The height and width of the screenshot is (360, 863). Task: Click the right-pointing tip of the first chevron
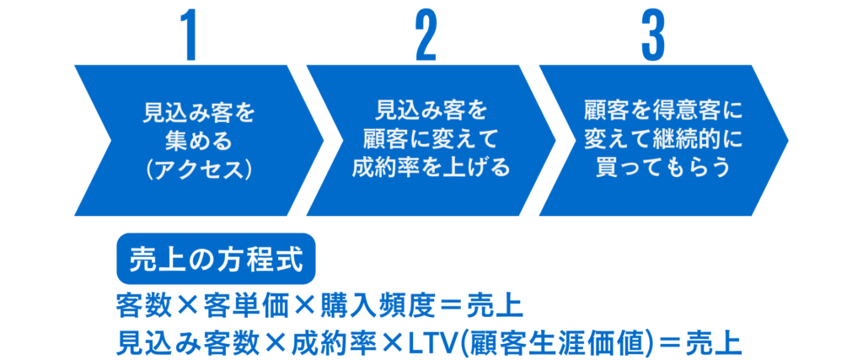tap(324, 140)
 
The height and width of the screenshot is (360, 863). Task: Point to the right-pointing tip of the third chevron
tap(788, 140)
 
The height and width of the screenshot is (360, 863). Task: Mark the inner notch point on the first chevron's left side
tap(112, 140)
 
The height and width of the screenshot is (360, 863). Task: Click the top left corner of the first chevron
tap(75, 66)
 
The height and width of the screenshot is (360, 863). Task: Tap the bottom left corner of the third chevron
tap(539, 215)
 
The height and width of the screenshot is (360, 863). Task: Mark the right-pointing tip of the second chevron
tap(556, 140)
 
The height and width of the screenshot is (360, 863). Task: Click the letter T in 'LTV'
tap(427, 343)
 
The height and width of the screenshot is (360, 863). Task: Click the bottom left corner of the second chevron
tap(307, 215)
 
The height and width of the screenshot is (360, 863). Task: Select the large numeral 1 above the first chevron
tap(190, 35)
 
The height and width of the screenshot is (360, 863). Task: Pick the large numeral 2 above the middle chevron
tap(426, 35)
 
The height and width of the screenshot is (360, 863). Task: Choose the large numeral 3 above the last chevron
tap(653, 35)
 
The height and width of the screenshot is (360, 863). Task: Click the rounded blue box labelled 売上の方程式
tap(215, 259)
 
